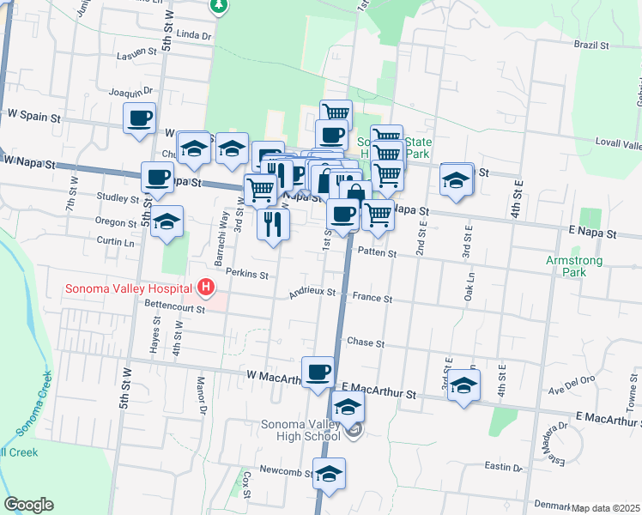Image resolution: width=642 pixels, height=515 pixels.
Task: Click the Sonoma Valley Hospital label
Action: point(130,288)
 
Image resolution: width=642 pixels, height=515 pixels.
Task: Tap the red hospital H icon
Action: point(206,286)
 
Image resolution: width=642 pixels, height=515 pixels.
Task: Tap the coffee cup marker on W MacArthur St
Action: point(318,372)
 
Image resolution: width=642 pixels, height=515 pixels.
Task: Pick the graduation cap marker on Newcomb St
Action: point(329,473)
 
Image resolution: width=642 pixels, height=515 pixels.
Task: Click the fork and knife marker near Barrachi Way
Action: point(273,225)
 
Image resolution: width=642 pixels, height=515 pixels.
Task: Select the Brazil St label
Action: point(591,45)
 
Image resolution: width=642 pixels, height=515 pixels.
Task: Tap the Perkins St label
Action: point(247,276)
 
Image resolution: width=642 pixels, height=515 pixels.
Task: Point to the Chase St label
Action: point(365,342)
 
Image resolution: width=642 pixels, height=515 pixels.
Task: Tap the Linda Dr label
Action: point(194,36)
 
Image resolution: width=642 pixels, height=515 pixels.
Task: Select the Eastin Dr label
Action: point(504,466)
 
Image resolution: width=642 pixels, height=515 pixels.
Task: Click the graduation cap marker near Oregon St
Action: point(167,221)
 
